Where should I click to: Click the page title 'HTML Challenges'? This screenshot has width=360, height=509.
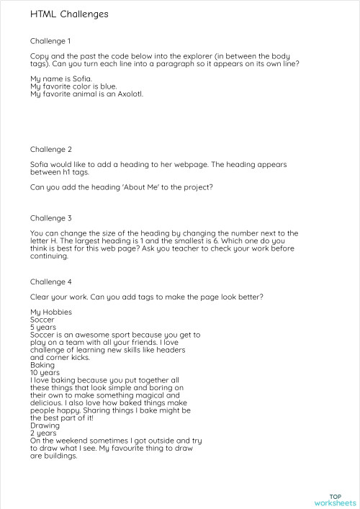click(69, 14)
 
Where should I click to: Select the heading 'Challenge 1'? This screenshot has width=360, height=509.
click(50, 41)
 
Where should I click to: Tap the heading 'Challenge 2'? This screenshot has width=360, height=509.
click(50, 150)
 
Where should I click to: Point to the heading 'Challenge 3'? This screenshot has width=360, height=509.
click(50, 217)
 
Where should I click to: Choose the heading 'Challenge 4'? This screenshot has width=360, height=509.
click(50, 281)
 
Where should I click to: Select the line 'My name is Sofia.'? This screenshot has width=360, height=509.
click(61, 78)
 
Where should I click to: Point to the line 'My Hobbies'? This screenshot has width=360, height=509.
click(50, 312)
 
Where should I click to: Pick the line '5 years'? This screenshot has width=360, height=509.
click(43, 327)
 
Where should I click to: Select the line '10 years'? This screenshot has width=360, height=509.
click(45, 372)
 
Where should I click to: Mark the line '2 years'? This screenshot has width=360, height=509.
click(43, 433)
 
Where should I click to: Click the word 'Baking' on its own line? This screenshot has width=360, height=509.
click(42, 365)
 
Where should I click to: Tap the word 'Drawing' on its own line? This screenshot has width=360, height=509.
click(45, 425)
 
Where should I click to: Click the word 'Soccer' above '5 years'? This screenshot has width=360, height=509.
click(42, 319)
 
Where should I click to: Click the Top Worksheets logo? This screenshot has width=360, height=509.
click(335, 500)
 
